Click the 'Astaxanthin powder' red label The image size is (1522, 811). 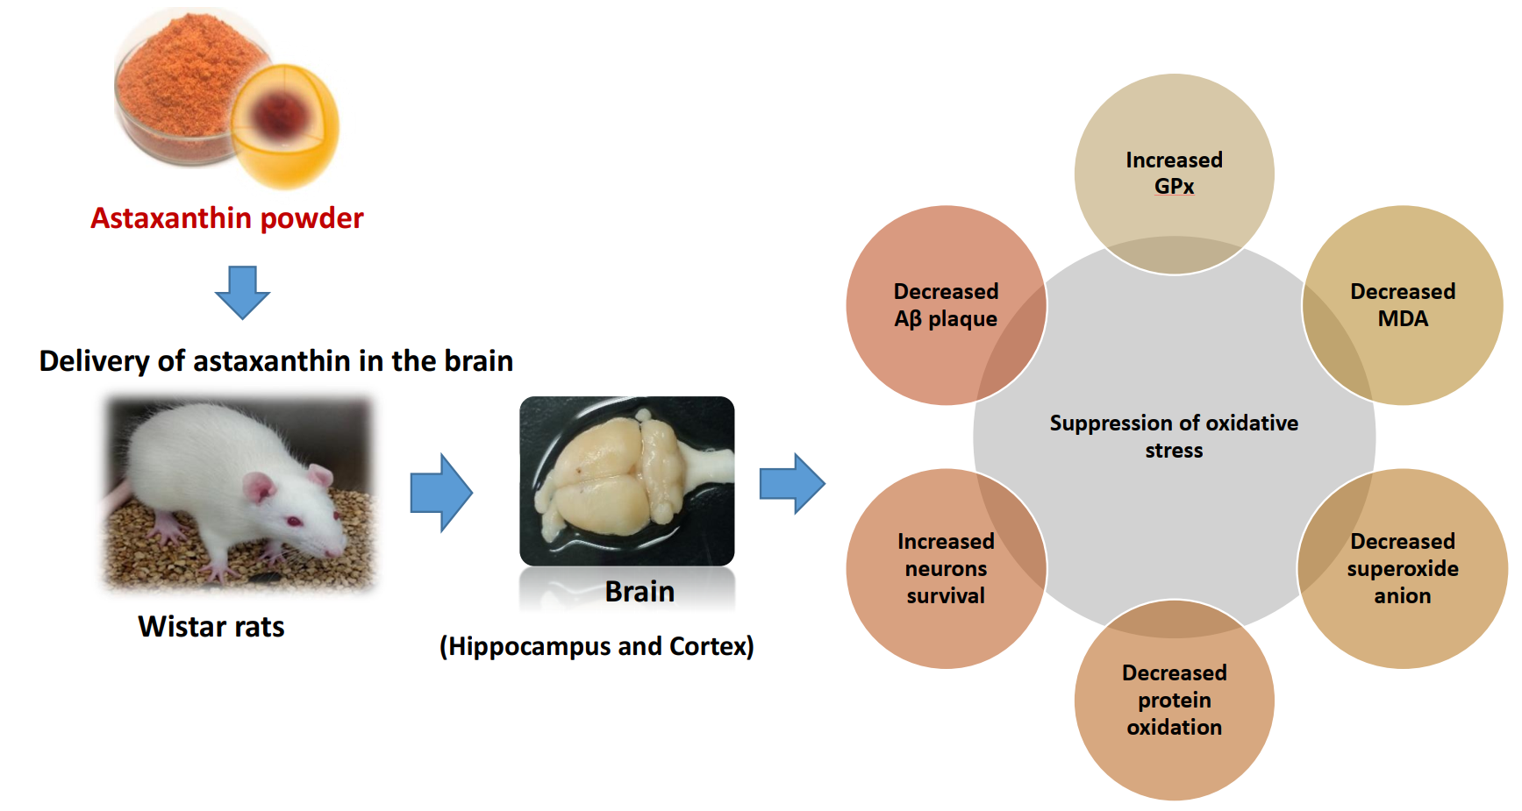tap(226, 218)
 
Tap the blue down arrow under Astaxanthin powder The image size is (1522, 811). tap(242, 292)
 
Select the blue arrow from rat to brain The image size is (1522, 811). tap(441, 493)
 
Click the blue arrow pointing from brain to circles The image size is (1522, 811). tap(792, 483)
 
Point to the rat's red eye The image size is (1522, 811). tap(295, 521)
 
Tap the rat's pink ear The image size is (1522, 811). tap(259, 487)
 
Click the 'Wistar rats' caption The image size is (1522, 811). tap(211, 627)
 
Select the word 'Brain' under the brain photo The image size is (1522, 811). tap(640, 592)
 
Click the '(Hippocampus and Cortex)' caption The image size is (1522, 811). tap(597, 646)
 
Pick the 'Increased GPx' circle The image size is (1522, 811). tap(1174, 174)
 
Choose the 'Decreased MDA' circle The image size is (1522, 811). tap(1403, 305)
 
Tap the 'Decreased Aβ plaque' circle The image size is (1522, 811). tap(946, 305)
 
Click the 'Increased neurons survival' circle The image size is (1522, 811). tap(946, 568)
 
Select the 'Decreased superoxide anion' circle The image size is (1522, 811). tap(1403, 568)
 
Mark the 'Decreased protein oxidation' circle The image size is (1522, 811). tap(1174, 700)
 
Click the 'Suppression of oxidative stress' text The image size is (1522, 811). tap(1174, 437)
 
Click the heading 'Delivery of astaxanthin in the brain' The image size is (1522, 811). tap(276, 361)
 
